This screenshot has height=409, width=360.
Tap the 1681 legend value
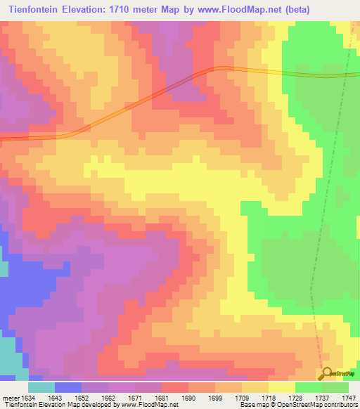pyautogui.click(x=162, y=398)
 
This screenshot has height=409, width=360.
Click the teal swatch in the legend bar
pyautogui.click(x=41, y=387)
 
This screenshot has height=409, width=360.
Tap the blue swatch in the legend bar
pyautogui.click(x=68, y=387)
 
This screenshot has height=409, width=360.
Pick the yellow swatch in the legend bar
pyautogui.click(x=281, y=387)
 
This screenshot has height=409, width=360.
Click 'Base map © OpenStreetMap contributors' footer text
pyautogui.click(x=298, y=405)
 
